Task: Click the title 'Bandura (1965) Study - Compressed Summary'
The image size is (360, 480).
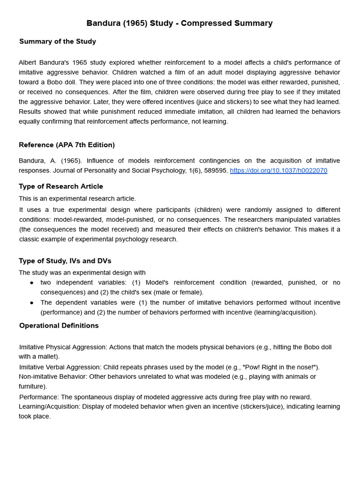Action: point(180,23)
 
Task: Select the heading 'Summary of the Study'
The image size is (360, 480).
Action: point(58,41)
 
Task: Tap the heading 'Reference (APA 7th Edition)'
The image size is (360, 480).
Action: point(67,145)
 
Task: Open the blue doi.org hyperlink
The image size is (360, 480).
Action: point(278,171)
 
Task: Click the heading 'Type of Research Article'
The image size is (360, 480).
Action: point(61,186)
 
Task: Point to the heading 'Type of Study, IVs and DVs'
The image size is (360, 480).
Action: point(65,261)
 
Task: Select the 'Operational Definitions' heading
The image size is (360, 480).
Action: point(59,325)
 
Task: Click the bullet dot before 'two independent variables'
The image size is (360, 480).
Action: point(31,283)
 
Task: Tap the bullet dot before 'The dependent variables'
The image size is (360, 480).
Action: point(31,303)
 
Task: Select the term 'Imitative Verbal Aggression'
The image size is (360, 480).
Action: point(60,367)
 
